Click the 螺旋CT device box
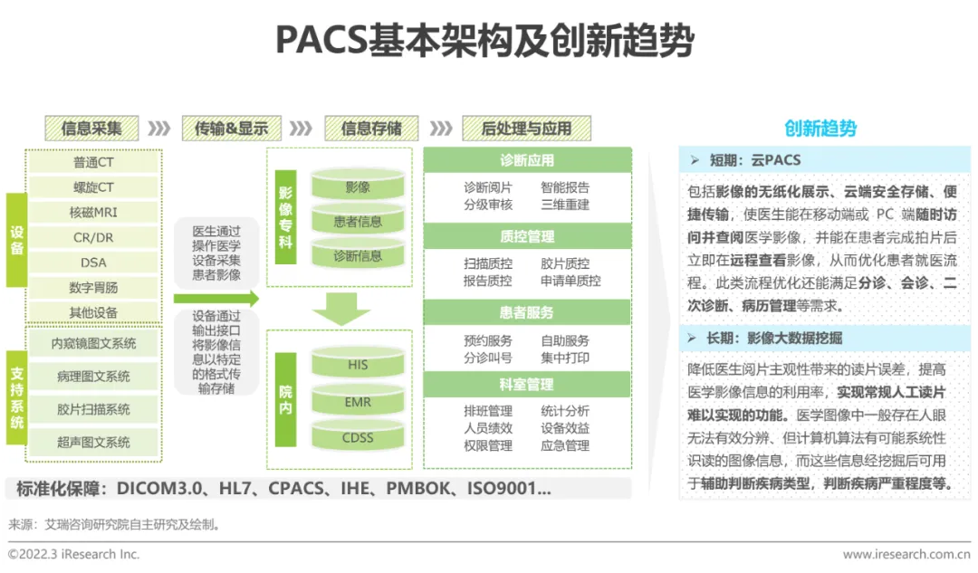coord(94,187)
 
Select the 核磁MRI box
coord(94,213)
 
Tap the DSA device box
coord(94,263)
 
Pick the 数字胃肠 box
coord(94,288)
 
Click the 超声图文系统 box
coord(94,442)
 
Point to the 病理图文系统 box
coord(94,376)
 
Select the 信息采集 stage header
coord(91,129)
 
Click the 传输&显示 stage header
coord(231,129)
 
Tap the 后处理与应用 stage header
coord(526,129)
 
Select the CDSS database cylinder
coord(358,438)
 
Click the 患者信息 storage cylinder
coord(358,222)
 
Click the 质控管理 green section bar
coord(527,237)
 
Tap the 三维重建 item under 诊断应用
coord(565,204)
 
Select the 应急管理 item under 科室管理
coord(565,445)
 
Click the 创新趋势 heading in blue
coord(820,129)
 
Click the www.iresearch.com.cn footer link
coord(906,554)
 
